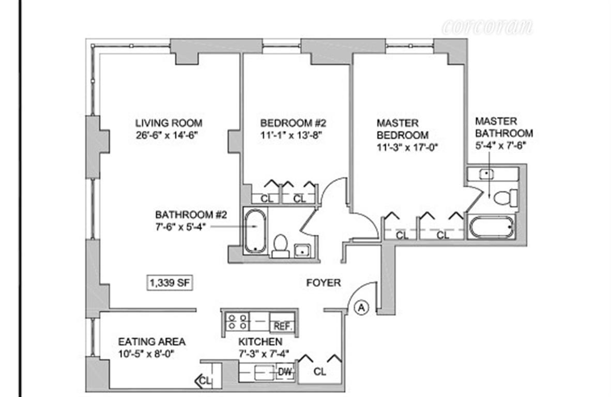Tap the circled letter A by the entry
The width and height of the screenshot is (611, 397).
point(361,308)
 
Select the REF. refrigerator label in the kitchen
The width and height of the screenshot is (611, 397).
point(283,326)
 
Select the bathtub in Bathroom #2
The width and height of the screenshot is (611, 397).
point(254,231)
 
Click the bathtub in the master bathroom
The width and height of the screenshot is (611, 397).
point(491,226)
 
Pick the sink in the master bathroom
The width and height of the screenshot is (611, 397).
point(485,174)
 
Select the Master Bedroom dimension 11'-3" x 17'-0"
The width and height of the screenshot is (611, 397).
point(407,146)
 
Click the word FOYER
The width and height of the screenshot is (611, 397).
point(324,283)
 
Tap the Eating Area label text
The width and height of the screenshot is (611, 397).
point(151,342)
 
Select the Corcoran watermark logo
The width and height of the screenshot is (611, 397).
point(487,26)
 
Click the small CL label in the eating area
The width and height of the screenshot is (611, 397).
point(205,381)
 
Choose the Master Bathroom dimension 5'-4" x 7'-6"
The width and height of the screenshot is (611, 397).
point(503,145)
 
